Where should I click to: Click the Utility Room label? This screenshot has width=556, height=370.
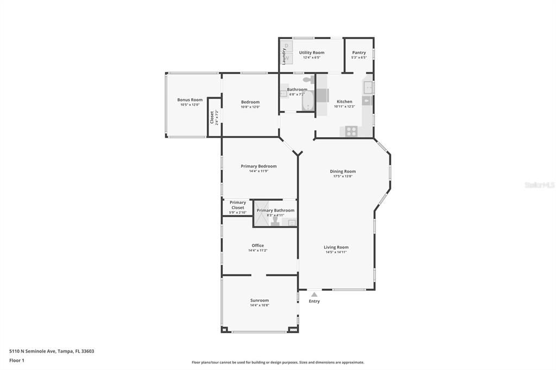[312, 53]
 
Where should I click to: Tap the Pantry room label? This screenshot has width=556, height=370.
[359, 53]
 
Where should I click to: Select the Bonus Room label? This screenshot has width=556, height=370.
[189, 100]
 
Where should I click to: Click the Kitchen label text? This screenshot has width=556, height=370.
[344, 101]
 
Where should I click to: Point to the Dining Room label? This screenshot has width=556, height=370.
[343, 171]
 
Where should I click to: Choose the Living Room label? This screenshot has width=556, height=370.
[336, 247]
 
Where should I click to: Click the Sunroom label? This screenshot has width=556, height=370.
[260, 301]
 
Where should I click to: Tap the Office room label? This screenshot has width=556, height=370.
[257, 246]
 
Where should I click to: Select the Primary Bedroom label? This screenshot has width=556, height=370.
[258, 167]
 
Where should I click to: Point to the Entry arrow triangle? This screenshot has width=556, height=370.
[314, 295]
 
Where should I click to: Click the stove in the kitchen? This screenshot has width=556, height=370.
[351, 131]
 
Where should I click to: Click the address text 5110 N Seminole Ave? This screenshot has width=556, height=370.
[52, 351]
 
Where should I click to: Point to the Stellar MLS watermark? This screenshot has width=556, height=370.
[539, 185]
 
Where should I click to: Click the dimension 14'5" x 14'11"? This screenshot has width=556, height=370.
[336, 252]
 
